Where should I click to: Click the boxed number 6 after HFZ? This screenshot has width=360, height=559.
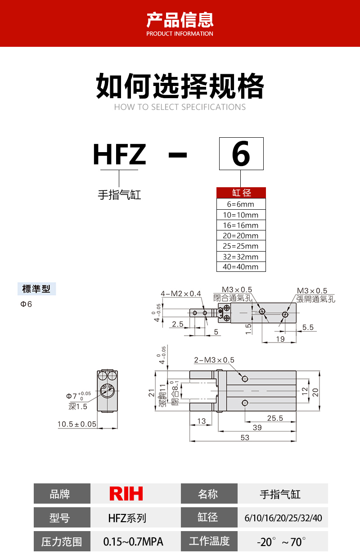241,153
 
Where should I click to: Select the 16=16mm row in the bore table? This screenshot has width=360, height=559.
241,225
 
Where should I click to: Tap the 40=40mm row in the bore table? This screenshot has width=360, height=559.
241,267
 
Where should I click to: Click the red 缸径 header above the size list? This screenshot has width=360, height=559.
241,193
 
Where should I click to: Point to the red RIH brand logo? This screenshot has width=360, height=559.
126,493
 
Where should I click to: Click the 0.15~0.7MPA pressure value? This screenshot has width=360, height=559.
133,542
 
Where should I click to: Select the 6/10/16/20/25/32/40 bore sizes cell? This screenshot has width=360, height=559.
283,518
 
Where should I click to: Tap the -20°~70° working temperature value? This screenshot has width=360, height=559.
281,542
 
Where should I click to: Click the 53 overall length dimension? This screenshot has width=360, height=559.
245,437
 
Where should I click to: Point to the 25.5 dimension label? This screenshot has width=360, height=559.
275,418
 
